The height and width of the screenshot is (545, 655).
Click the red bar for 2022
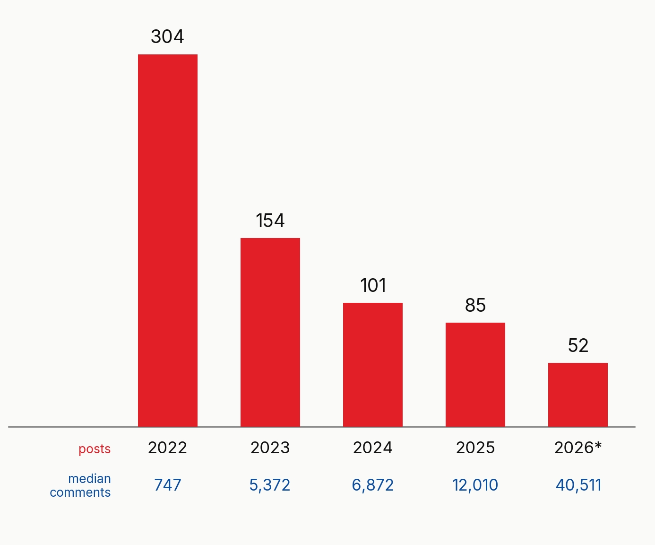point(167,241)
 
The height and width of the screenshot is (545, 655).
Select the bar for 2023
point(270,332)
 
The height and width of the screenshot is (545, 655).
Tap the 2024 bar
point(373,365)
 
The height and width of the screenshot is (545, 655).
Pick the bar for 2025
point(475,375)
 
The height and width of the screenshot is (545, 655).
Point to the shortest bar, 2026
point(578,395)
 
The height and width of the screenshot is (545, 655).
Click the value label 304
point(167,36)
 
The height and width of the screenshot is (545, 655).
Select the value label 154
point(270,220)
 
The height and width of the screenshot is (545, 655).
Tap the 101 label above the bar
point(373,285)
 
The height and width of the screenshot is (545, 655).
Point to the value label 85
point(475,305)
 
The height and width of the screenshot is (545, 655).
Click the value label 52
point(578,345)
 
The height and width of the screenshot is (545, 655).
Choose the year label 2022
point(167,448)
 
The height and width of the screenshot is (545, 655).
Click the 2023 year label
point(270,448)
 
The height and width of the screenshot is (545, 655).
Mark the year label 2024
point(373,448)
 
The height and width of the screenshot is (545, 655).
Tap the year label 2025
point(475,448)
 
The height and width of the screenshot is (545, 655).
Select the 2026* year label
point(578,448)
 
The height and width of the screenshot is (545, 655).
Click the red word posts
point(95,449)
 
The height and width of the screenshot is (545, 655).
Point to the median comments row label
point(80,486)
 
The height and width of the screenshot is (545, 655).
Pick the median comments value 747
point(167,485)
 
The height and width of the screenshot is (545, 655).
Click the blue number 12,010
point(475,485)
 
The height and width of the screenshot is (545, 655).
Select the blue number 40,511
point(578,485)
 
